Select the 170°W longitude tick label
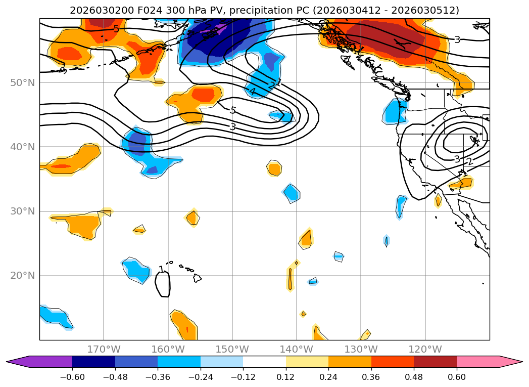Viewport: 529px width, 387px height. [104, 349]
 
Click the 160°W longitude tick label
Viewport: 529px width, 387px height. [168, 349]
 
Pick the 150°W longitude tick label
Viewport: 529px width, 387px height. [232, 349]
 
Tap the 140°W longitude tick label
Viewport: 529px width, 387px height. [297, 349]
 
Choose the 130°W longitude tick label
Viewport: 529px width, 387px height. [361, 349]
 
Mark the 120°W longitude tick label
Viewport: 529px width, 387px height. [425, 349]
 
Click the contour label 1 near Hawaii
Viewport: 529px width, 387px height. [161, 270]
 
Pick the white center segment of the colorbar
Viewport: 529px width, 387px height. [264, 362]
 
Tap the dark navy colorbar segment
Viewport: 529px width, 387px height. [93, 362]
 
